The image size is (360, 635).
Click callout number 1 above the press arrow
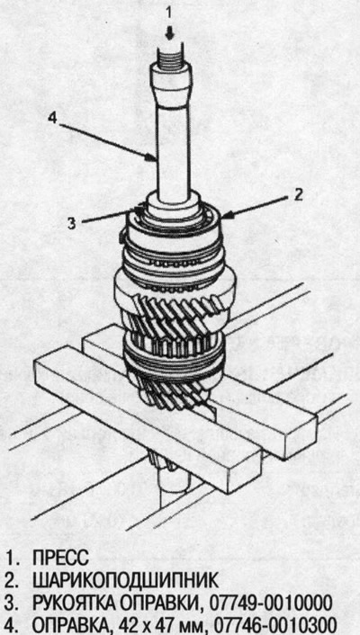coord(170,13)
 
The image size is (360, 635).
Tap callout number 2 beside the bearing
coord(298,195)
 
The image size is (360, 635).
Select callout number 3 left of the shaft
coord(71,223)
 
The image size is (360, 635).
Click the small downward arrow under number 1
coord(170,33)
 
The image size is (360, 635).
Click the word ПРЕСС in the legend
coord(61,559)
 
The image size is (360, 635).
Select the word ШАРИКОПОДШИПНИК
coord(125,581)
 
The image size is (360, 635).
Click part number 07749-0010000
coord(270,604)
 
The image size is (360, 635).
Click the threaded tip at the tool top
coord(170,56)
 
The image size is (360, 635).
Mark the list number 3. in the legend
coord(13,604)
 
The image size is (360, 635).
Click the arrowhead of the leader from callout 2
coord(225,217)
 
